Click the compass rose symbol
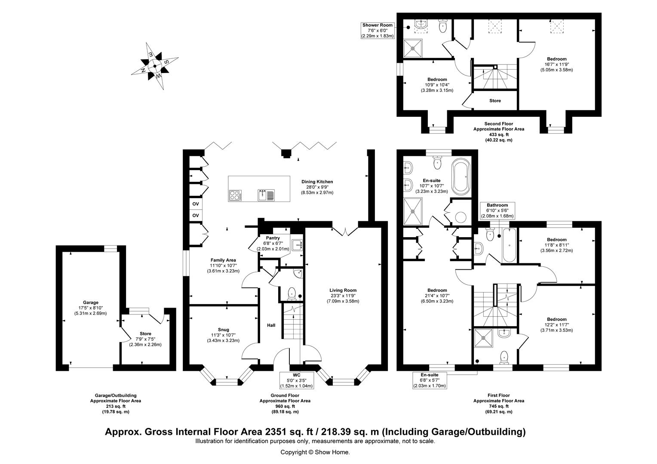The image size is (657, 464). click(154, 66)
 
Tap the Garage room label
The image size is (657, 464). click(91, 302)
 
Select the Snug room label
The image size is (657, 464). click(223, 330)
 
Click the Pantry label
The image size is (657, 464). click(273, 238)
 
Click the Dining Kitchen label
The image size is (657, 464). click(317, 182)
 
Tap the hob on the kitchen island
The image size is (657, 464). click(236, 195)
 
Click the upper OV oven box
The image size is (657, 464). click(196, 204)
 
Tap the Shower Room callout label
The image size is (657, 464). click(377, 25)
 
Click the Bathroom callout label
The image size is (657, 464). click(497, 205)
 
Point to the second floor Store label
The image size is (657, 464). click(495, 101)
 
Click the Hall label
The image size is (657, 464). click(271, 326)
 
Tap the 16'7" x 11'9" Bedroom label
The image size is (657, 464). click(556, 59)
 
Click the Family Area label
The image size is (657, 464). click(223, 260)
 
